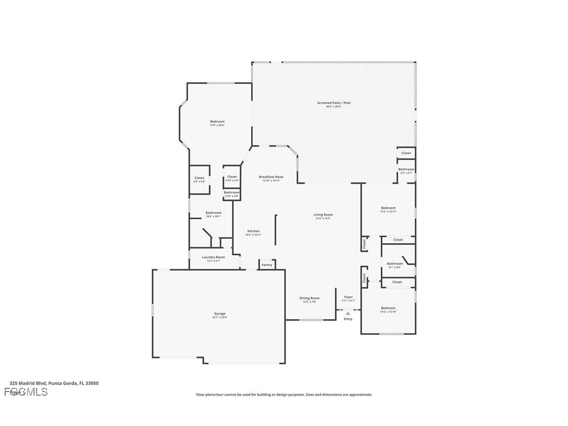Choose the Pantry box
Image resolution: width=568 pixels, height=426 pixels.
(267, 265)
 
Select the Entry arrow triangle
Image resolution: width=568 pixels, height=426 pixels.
(348, 313)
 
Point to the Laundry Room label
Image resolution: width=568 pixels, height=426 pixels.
(213, 258)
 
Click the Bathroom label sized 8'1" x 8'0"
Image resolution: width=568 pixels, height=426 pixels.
(395, 265)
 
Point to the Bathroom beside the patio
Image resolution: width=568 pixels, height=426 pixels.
(406, 170)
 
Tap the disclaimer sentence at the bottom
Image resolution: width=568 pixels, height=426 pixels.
(284, 395)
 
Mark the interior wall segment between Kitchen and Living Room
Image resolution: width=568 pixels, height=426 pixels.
(276, 230)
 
